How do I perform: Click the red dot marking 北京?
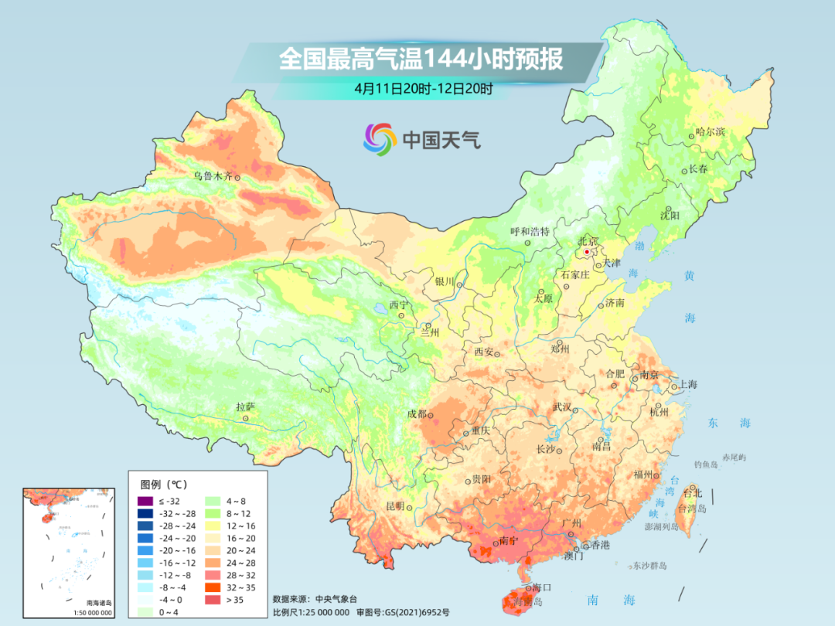[587, 252]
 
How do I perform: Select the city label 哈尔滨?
[710, 132]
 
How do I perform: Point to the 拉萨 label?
[245, 407]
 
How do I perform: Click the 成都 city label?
[416, 414]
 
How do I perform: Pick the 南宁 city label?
[509, 540]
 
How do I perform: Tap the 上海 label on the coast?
[687, 384]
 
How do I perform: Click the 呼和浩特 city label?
[530, 231]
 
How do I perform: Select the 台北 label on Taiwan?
[691, 492]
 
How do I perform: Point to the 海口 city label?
[541, 588]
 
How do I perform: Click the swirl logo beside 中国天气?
[380, 138]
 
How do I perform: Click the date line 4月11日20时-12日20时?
[424, 88]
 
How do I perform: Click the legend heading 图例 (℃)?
[163, 485]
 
